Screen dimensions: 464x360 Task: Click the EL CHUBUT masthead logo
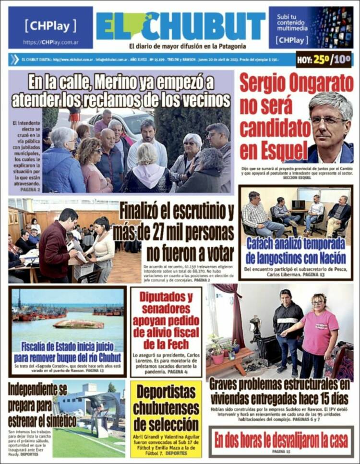(x=180, y=26)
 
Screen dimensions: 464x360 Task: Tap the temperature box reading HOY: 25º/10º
(x=324, y=60)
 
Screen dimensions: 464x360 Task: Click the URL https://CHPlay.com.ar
(x=50, y=42)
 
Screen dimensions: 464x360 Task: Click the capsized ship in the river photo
(x=78, y=324)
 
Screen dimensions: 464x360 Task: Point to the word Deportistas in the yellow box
(x=166, y=393)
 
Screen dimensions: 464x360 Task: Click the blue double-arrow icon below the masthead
(x=14, y=60)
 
